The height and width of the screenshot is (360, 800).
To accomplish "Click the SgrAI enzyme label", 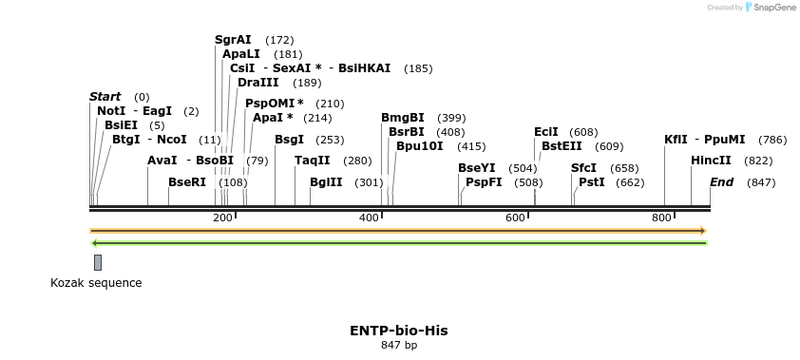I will click(233, 40).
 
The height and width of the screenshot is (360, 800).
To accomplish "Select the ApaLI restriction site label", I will click(240, 54).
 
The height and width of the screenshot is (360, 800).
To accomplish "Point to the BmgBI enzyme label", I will click(403, 118).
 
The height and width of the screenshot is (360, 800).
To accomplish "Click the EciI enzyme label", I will click(546, 132).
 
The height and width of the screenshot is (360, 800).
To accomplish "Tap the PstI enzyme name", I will click(592, 182).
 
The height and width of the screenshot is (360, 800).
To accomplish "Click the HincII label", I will click(711, 161).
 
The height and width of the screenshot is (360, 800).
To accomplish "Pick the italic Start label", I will click(105, 97).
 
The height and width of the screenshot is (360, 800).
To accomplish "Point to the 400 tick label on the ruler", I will click(369, 218).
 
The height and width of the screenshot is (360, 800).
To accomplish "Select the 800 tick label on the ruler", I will click(661, 218).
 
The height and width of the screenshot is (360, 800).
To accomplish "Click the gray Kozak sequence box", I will click(97, 262).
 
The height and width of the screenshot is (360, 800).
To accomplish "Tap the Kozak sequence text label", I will click(96, 283).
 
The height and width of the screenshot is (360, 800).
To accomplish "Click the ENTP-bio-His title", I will click(398, 331).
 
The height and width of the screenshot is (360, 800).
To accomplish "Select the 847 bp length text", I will click(398, 346).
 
